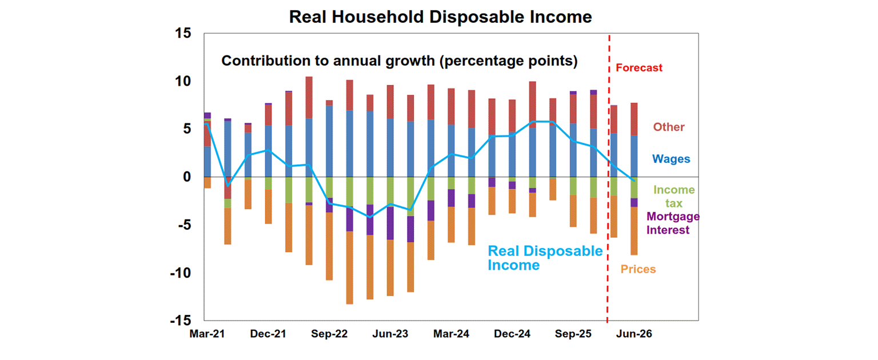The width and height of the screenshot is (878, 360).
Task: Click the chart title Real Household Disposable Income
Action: [x=440, y=17]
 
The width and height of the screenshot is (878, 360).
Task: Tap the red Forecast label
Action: [x=639, y=67]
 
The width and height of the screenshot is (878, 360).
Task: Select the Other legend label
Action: [x=669, y=127]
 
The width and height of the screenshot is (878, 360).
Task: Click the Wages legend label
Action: [x=671, y=159]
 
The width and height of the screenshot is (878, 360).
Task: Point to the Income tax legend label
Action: [x=674, y=196]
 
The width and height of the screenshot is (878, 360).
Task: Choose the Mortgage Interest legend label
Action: [x=673, y=223]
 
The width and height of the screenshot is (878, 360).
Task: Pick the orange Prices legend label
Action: [x=638, y=269]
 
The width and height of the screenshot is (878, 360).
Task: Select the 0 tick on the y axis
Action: [x=186, y=177]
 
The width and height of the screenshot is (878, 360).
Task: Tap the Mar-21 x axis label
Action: [x=207, y=334]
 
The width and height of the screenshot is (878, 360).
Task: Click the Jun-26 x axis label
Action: [x=633, y=334]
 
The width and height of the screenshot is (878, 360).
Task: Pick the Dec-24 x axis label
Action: [x=511, y=334]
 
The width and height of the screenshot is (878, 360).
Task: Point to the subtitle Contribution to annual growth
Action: [x=399, y=61]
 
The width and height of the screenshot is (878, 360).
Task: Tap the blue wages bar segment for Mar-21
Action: [x=207, y=161]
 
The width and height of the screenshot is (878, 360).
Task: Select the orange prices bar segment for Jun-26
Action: [x=634, y=231]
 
